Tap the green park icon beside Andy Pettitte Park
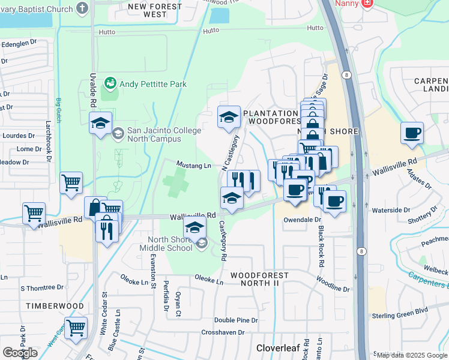(x=110, y=82)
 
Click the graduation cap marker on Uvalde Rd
(x=100, y=124)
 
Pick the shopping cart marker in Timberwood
(x=76, y=328)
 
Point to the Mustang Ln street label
(x=193, y=165)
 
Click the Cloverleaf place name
(x=277, y=348)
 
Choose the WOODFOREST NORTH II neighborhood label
(x=260, y=279)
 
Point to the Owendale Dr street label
(x=302, y=220)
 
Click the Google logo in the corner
(x=20, y=353)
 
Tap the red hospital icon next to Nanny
(x=366, y=3)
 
